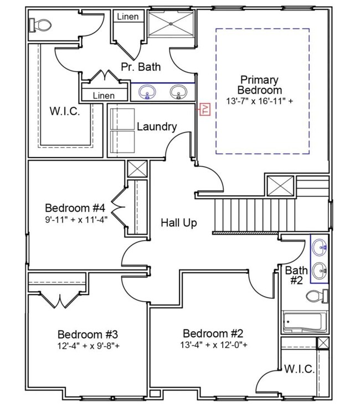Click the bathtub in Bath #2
pyautogui.click(x=303, y=322)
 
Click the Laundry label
pyautogui.click(x=157, y=126)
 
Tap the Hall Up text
pyautogui.click(x=179, y=223)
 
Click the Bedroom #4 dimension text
pyautogui.click(x=75, y=218)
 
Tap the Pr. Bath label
pyautogui.click(x=141, y=67)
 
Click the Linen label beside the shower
pyautogui.click(x=127, y=17)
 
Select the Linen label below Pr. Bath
pyautogui.click(x=104, y=95)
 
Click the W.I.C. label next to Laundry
pyautogui.click(x=65, y=110)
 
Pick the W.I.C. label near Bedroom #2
pyautogui.click(x=300, y=369)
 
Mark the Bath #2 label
pyautogui.click(x=297, y=276)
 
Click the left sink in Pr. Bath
pyautogui.click(x=147, y=91)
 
